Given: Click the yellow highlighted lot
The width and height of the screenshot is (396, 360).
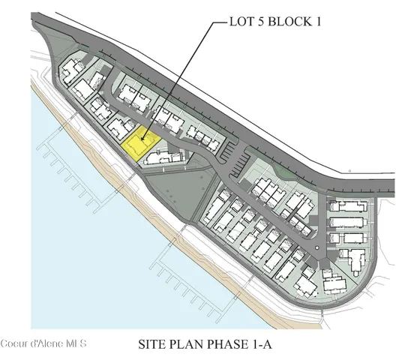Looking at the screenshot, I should (x=140, y=142).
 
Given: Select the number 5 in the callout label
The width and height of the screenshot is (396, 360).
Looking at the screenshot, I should (x=262, y=22).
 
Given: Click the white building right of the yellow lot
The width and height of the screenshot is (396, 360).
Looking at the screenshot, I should (x=165, y=156).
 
